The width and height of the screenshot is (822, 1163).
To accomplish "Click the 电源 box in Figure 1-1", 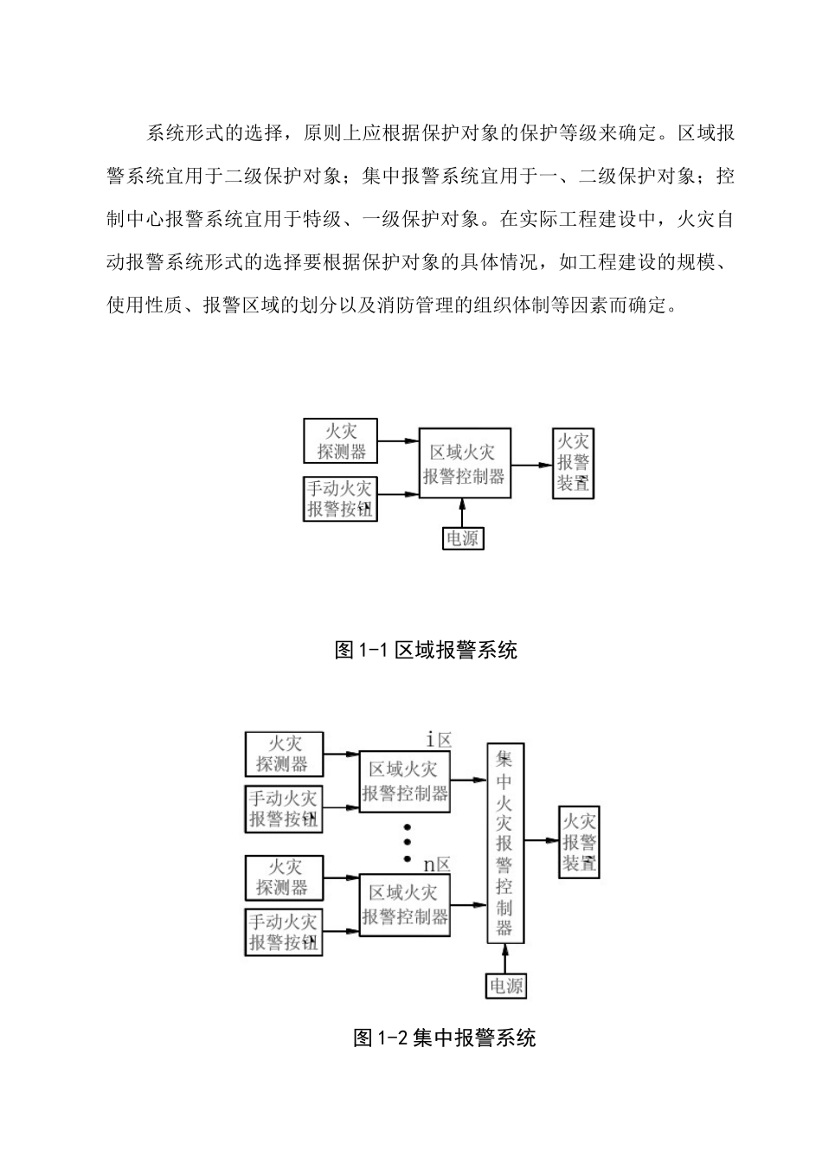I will (463, 538).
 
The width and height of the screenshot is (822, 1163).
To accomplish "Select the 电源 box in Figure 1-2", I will (506, 986).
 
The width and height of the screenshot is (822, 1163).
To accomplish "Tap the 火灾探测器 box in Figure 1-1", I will (341, 440).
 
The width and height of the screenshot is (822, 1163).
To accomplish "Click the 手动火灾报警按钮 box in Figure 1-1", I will (341, 498).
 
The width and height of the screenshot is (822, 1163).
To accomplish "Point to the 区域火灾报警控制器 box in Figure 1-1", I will (464, 463).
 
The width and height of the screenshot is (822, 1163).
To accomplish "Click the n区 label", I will (437, 864).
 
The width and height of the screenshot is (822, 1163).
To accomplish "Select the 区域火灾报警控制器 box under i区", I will (404, 781).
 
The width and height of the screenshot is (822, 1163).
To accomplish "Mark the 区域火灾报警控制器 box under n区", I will (404, 904).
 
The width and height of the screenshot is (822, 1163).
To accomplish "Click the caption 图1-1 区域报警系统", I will (426, 650).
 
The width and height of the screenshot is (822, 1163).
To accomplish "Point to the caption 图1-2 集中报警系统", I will (445, 1038).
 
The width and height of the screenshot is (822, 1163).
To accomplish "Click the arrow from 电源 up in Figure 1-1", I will (463, 512).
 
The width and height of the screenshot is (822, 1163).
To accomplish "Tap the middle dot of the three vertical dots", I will (407, 842).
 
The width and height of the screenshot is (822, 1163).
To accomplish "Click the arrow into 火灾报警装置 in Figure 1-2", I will (547, 839).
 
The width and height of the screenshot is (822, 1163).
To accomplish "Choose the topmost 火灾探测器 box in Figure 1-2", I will (284, 754).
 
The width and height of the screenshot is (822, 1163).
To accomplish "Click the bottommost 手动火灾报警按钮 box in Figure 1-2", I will (284, 932).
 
